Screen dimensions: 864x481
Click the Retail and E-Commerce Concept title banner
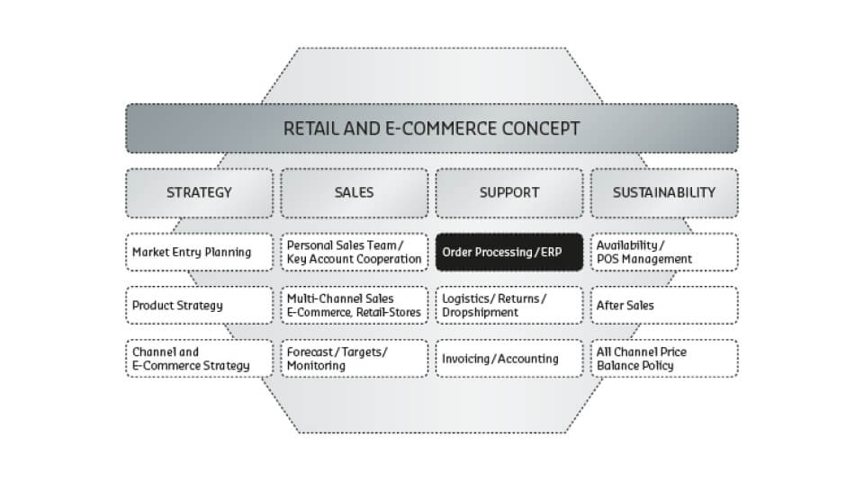pos(432,129)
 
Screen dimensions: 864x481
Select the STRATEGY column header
pos(199,192)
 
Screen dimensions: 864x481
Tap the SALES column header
pos(355,192)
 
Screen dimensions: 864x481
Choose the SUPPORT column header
pos(509,192)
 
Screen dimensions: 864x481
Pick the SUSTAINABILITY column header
pos(664,192)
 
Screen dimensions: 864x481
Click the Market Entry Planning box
pos(199,252)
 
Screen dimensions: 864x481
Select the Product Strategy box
pos(199,305)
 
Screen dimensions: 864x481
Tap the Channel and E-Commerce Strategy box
pos(199,358)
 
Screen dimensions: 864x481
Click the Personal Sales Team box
pos(355,252)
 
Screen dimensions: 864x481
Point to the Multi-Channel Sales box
pos(355,305)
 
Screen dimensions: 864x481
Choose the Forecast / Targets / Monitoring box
pos(355,358)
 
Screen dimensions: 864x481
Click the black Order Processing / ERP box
pos(509,252)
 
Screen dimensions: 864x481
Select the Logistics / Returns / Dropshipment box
pos(509,305)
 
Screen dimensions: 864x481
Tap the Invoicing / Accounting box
pos(509,358)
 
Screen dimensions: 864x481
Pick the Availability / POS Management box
pos(664,252)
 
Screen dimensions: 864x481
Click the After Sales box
pos(664,305)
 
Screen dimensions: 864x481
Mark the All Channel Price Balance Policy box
pos(664,358)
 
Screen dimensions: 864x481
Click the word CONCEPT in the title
pos(533,129)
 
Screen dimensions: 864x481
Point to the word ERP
pos(551,252)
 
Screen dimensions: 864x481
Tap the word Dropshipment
pos(480,313)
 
